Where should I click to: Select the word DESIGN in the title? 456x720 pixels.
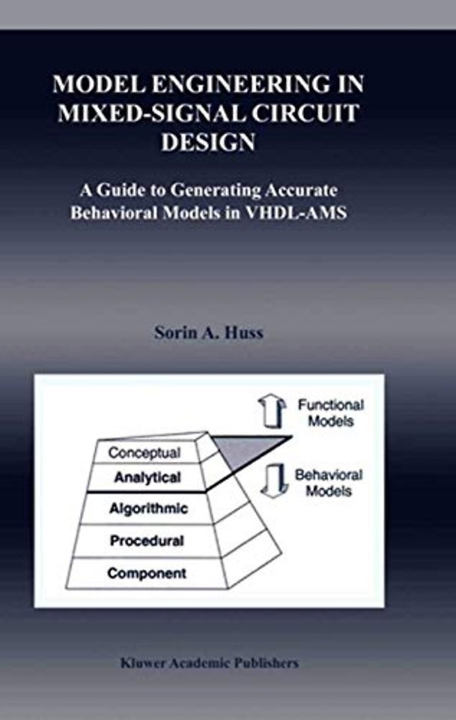pyautogui.click(x=208, y=142)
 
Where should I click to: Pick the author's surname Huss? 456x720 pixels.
pyautogui.click(x=243, y=332)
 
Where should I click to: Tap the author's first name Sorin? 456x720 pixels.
pyautogui.click(x=171, y=332)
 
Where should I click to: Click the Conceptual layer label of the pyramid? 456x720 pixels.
pyautogui.click(x=145, y=453)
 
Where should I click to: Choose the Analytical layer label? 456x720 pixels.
pyautogui.click(x=147, y=478)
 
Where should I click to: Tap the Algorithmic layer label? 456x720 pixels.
pyautogui.click(x=148, y=508)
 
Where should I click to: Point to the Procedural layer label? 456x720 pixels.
pyautogui.click(x=147, y=541)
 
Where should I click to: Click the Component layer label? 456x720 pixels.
pyautogui.click(x=147, y=573)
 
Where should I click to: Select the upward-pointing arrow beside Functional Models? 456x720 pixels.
pyautogui.click(x=272, y=410)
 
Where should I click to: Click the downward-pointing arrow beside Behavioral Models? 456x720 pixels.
pyautogui.click(x=274, y=481)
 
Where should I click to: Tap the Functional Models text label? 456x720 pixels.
pyautogui.click(x=331, y=412)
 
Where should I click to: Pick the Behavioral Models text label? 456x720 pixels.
pyautogui.click(x=329, y=482)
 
